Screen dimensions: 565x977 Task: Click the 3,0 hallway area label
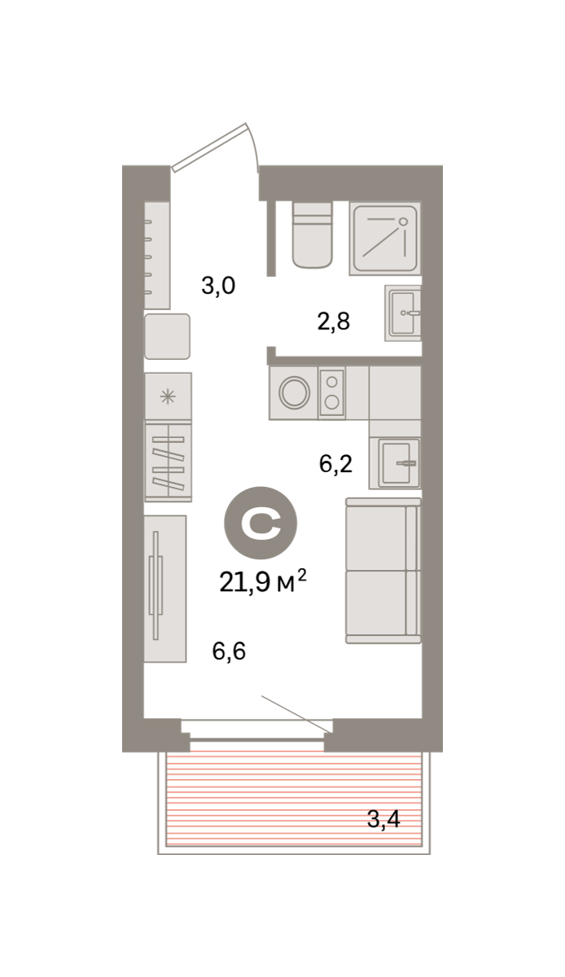click(x=218, y=286)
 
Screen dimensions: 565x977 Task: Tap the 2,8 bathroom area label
click(x=334, y=322)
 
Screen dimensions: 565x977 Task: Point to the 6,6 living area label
click(x=229, y=651)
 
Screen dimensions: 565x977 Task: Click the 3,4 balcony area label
click(x=384, y=819)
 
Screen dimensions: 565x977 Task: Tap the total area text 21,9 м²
click(x=263, y=581)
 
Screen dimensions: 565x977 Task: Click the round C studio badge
click(x=261, y=523)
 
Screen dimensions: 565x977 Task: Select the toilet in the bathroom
click(x=312, y=234)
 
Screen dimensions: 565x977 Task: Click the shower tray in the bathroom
click(x=385, y=238)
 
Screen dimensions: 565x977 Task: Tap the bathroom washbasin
click(x=403, y=313)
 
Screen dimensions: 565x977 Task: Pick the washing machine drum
click(x=295, y=392)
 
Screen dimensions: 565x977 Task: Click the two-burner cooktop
click(x=332, y=392)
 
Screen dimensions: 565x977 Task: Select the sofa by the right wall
click(x=383, y=571)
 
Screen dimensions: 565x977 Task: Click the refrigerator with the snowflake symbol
click(x=168, y=397)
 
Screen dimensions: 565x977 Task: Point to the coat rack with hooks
click(x=156, y=255)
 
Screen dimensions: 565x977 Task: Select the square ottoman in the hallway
click(x=167, y=336)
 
